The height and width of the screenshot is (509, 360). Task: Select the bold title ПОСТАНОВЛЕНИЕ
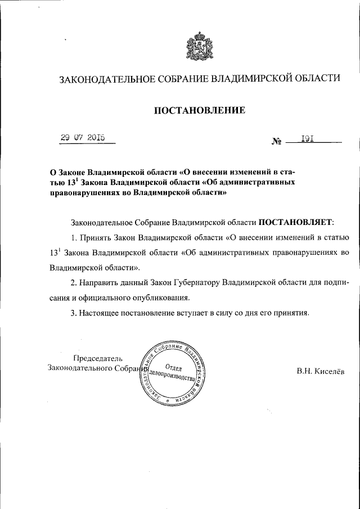pyautogui.click(x=199, y=111)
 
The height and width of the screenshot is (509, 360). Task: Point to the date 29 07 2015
pyautogui.click(x=87, y=138)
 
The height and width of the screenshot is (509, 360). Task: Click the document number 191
pyautogui.click(x=307, y=138)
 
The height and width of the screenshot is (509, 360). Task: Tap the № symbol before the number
pyautogui.click(x=275, y=143)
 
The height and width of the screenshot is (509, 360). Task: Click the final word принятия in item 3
pyautogui.click(x=291, y=312)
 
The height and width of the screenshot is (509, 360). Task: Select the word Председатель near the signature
pyautogui.click(x=98, y=358)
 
